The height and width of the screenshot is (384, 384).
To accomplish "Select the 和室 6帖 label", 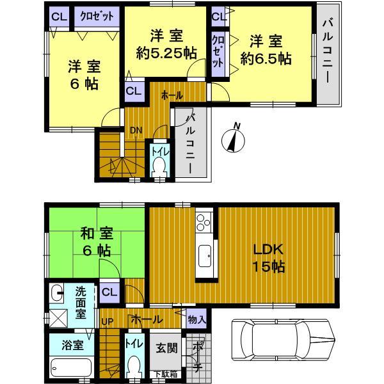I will pyautogui.click(x=94, y=242).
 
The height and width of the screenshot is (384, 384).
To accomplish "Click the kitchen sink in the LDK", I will pyautogui.click(x=206, y=258).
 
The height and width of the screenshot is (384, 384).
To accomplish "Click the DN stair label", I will pyautogui.click(x=136, y=131).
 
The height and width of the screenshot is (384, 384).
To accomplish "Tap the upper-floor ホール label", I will pyautogui.click(x=172, y=95).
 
